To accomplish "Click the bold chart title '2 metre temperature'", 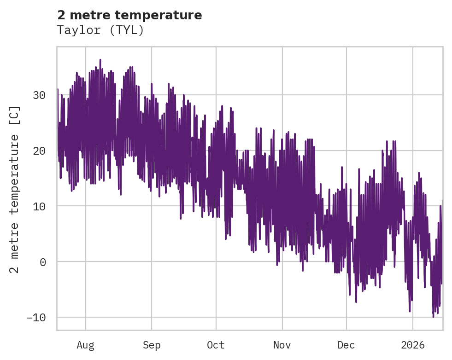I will [129, 15].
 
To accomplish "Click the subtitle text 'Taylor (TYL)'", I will [100, 30].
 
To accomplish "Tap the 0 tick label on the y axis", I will [42, 262].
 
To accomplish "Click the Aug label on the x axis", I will [86, 345].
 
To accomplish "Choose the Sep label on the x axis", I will [152, 345].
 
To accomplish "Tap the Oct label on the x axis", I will [216, 345].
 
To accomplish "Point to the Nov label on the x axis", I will [282, 345].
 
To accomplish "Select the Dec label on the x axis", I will [346, 345].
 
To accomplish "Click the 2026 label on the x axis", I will [413, 345].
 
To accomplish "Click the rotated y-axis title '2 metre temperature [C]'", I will [15, 189].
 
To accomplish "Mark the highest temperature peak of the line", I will [100, 59].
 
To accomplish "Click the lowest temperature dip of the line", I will [433, 317].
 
